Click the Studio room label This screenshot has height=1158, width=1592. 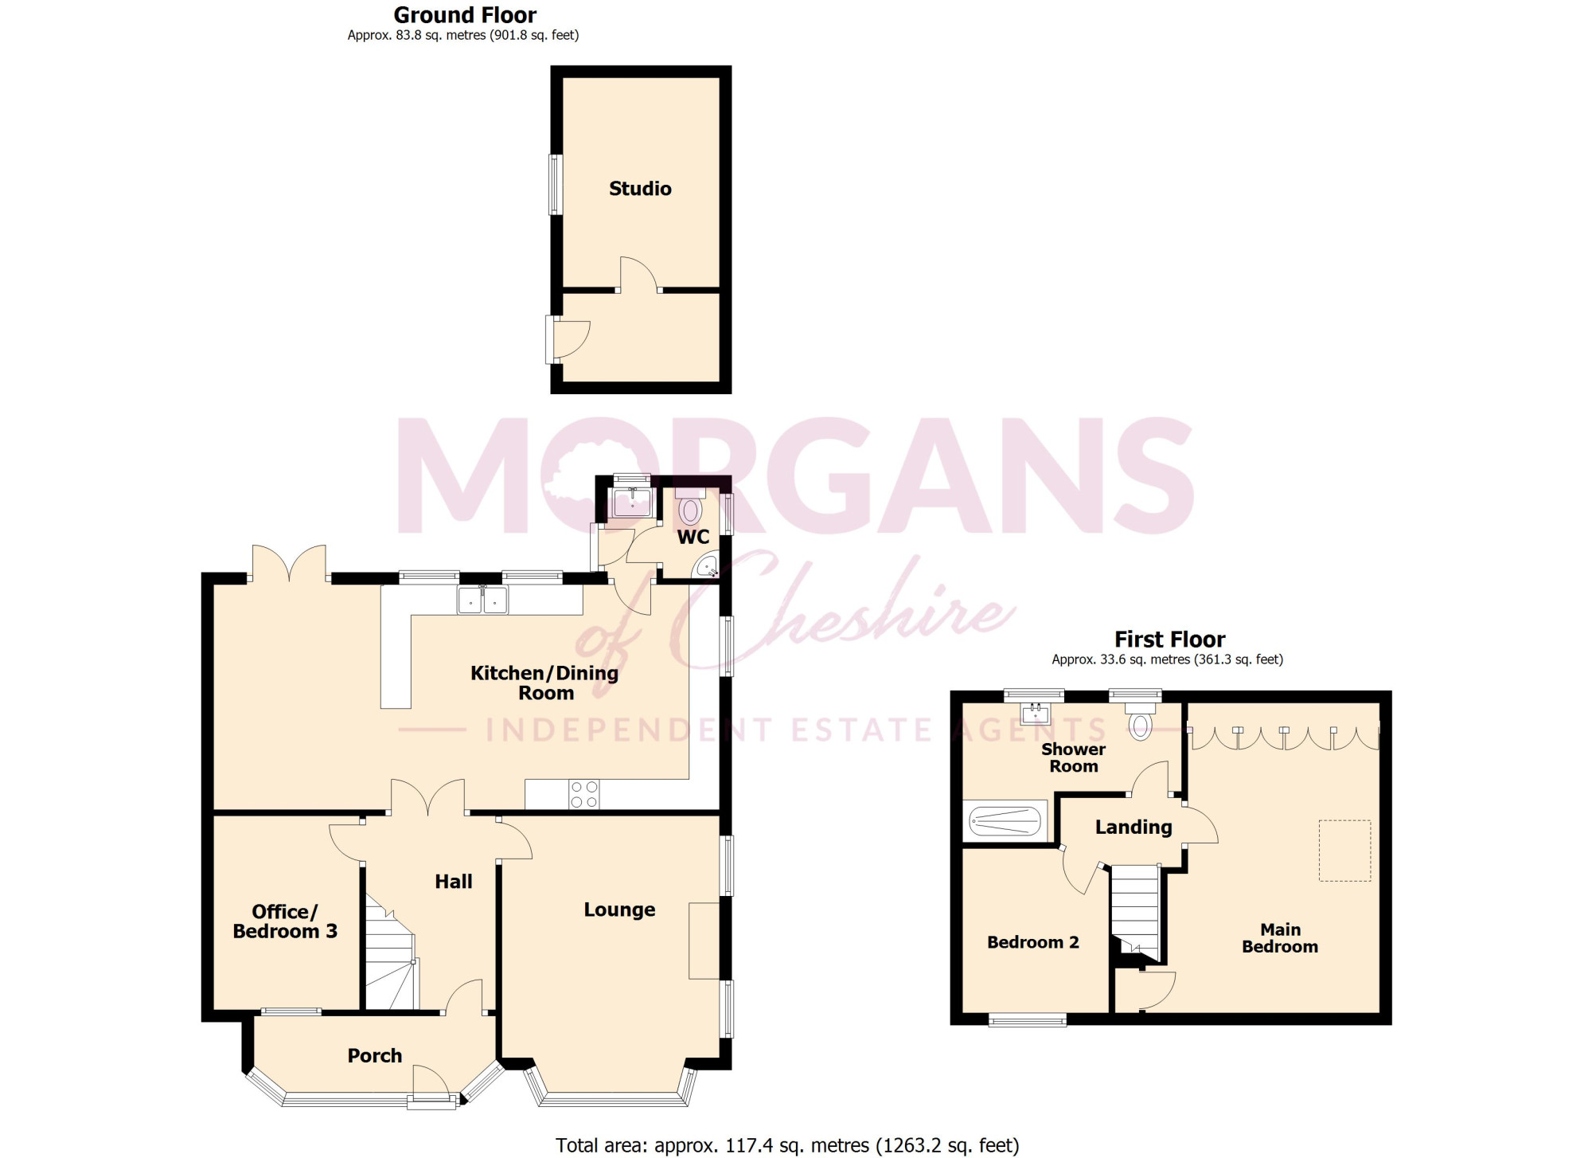coord(640,189)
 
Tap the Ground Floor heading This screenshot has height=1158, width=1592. coord(465,15)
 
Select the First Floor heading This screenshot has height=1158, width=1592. coord(1169,640)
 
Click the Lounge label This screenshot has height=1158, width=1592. coord(619,910)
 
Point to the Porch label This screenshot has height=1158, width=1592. coord(375,1056)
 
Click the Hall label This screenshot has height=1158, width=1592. coord(454,882)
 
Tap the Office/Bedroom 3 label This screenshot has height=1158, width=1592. coord(285,921)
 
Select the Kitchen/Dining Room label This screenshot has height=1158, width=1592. coord(545,683)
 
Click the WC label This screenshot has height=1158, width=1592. coord(693,537)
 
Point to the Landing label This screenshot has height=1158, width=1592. coord(1134,827)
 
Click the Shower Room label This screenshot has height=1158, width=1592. coord(1074,757)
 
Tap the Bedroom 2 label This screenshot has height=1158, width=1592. coord(1033,942)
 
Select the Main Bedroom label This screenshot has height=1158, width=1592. coord(1280,938)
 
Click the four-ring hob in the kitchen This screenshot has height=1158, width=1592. coord(583,794)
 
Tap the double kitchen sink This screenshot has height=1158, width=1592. coord(482,600)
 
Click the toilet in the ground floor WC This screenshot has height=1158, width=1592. coord(690,507)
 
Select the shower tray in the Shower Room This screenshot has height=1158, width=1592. coord(1005,820)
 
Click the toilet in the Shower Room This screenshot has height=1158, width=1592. coord(1141,720)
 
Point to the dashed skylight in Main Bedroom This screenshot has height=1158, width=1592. coord(1345,851)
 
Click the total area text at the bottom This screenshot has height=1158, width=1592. coord(787,1145)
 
